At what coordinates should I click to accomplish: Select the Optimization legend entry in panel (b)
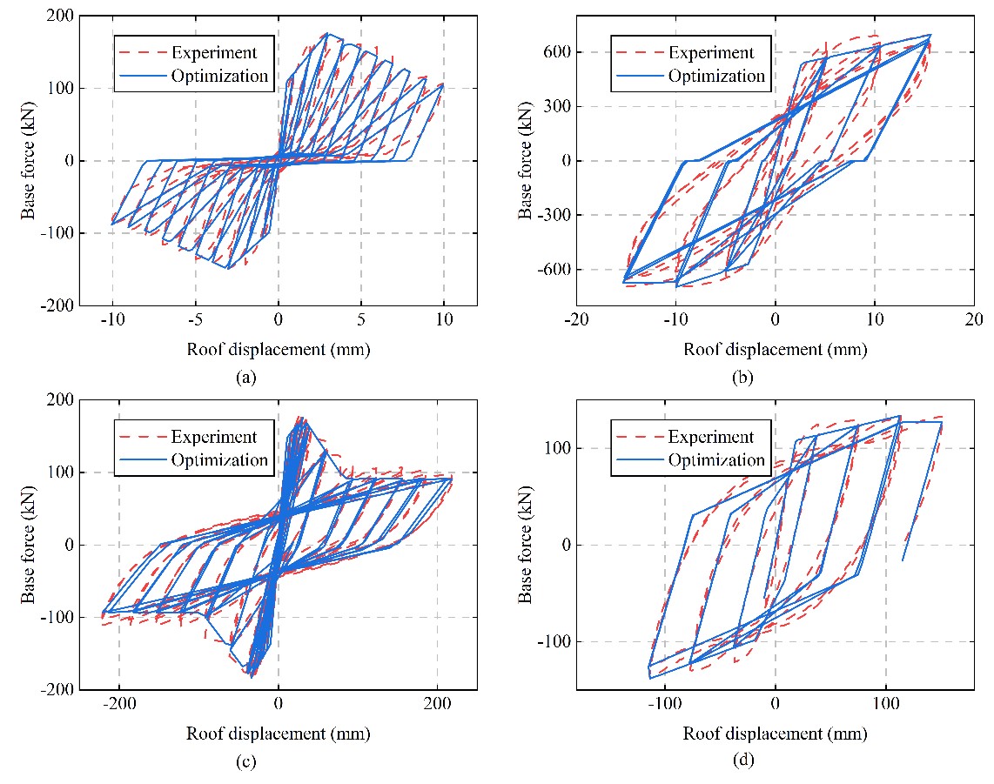(716, 76)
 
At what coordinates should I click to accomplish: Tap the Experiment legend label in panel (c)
(213, 437)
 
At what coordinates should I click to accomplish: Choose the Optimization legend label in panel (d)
(716, 460)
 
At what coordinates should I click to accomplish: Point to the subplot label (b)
(742, 377)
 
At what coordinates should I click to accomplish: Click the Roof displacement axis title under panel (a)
(278, 350)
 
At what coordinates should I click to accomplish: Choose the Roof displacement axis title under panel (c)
(278, 734)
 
